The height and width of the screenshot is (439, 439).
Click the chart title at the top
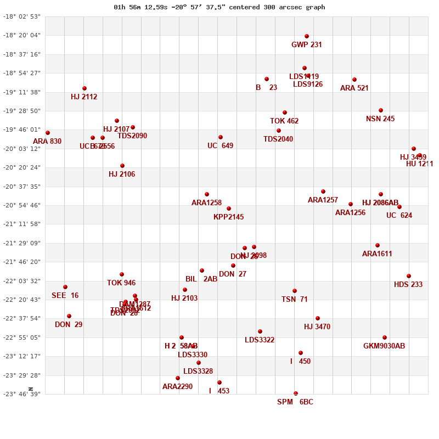(219, 7)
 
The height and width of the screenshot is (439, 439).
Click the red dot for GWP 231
(307, 36)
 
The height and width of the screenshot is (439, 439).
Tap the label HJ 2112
(84, 97)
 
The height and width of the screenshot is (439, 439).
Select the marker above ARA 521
(354, 80)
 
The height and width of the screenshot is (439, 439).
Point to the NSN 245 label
(380, 119)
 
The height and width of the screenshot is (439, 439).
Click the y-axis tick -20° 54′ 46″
(22, 205)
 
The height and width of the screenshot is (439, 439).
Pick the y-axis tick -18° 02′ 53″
(22, 16)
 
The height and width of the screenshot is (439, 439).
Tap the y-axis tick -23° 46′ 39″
(22, 394)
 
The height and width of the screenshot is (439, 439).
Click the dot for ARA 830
(48, 133)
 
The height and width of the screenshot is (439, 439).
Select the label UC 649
(220, 146)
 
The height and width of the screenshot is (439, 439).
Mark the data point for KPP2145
(229, 209)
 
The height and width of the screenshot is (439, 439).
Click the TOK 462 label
(284, 121)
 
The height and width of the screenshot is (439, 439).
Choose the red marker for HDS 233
(409, 276)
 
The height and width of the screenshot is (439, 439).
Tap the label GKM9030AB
(384, 346)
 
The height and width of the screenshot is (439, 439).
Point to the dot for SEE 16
(65, 287)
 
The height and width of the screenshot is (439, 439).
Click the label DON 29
(69, 325)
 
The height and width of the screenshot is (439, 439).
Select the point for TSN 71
(295, 291)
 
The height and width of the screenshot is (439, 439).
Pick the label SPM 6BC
(295, 402)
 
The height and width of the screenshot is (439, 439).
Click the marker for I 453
(219, 382)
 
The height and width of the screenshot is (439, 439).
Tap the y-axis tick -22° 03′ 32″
(22, 281)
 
